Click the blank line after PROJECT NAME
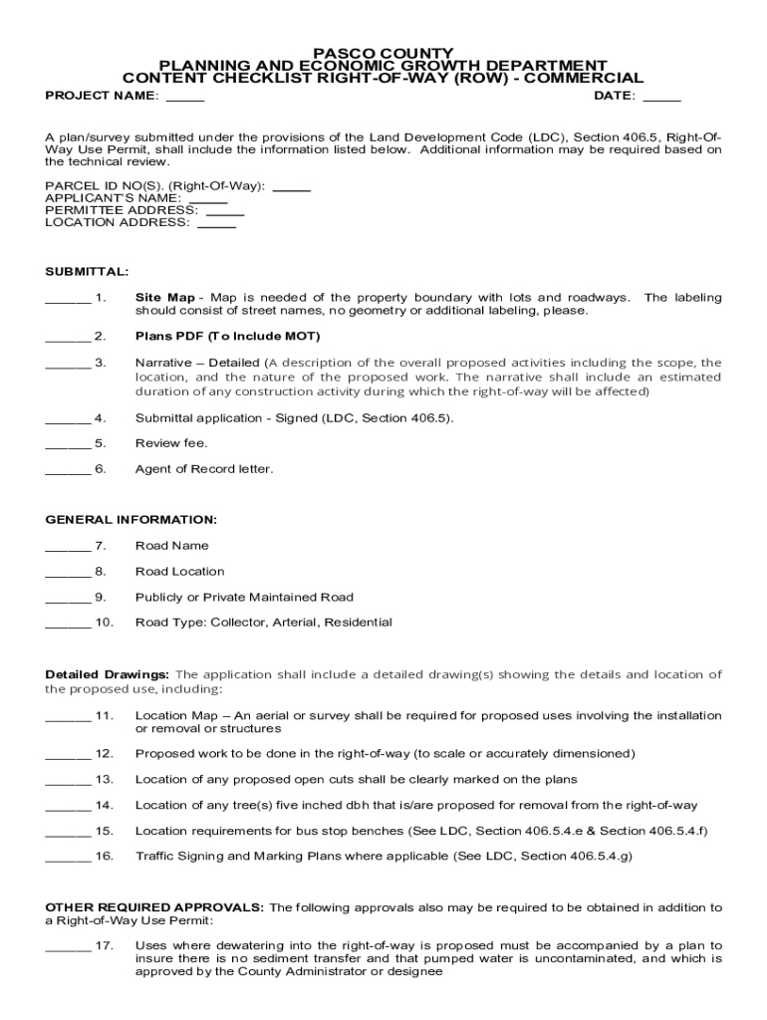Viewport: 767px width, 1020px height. [x=184, y=98]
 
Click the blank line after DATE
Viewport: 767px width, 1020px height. [x=662, y=98]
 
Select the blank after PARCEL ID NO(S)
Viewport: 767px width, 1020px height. [x=291, y=187]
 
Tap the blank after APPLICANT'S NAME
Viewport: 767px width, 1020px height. [x=208, y=200]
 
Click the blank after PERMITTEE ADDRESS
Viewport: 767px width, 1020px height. [x=225, y=212]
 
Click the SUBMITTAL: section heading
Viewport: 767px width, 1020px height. [x=87, y=271]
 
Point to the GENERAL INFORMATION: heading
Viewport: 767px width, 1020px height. [x=131, y=520]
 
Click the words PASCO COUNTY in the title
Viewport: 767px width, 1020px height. [x=383, y=53]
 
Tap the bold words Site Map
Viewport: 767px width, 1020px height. [x=165, y=298]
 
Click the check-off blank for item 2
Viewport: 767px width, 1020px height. [x=68, y=337]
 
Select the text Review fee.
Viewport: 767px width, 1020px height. [x=171, y=443]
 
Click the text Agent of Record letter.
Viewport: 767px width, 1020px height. [x=204, y=469]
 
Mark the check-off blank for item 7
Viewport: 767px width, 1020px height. [x=68, y=547]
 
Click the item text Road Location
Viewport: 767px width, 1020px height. [x=180, y=572]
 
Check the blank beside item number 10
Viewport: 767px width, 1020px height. [x=68, y=624]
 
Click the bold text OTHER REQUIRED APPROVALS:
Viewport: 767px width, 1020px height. [x=155, y=908]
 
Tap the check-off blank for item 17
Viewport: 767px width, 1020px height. [x=68, y=946]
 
